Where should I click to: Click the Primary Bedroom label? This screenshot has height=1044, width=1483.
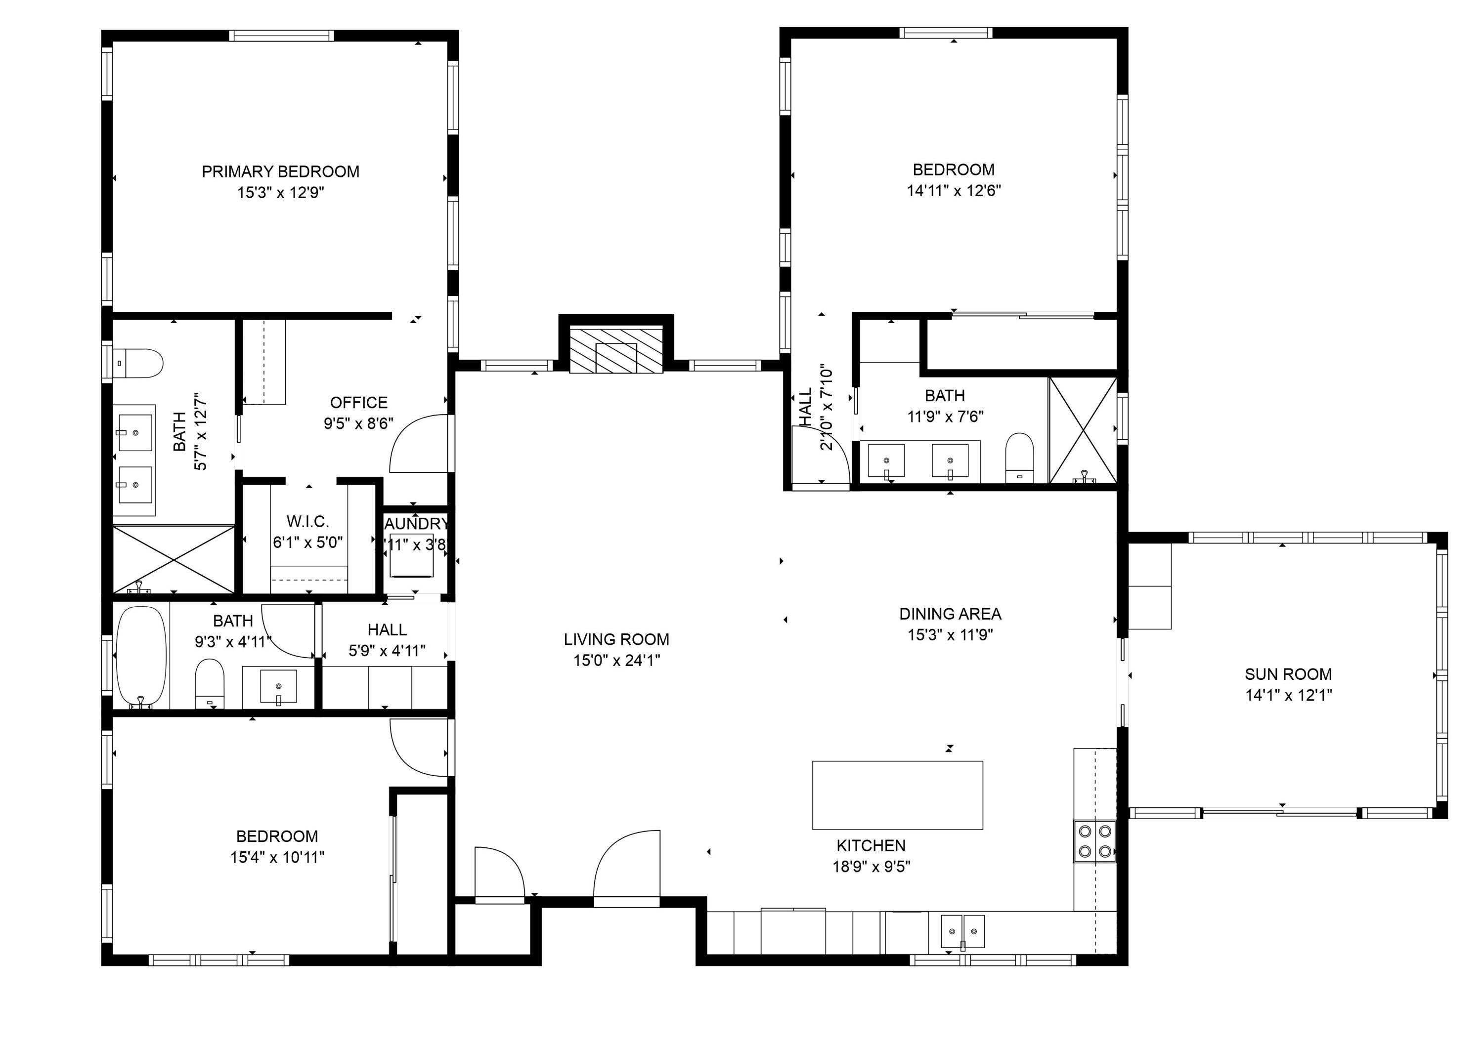click(x=280, y=172)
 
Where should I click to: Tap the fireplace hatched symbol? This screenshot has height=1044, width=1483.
click(x=616, y=349)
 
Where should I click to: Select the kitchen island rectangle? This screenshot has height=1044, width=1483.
click(x=897, y=795)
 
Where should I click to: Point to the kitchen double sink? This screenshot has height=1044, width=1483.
click(x=962, y=931)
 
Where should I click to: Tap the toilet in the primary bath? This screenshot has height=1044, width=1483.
click(x=138, y=364)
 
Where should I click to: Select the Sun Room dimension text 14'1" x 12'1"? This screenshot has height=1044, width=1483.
click(x=1288, y=695)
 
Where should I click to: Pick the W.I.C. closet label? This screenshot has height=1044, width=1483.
click(x=307, y=522)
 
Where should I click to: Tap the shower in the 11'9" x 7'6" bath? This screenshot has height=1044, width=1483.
click(x=1083, y=430)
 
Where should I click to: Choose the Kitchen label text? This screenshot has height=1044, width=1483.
click(x=871, y=845)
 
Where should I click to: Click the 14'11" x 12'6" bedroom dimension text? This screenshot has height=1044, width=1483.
click(x=954, y=190)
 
